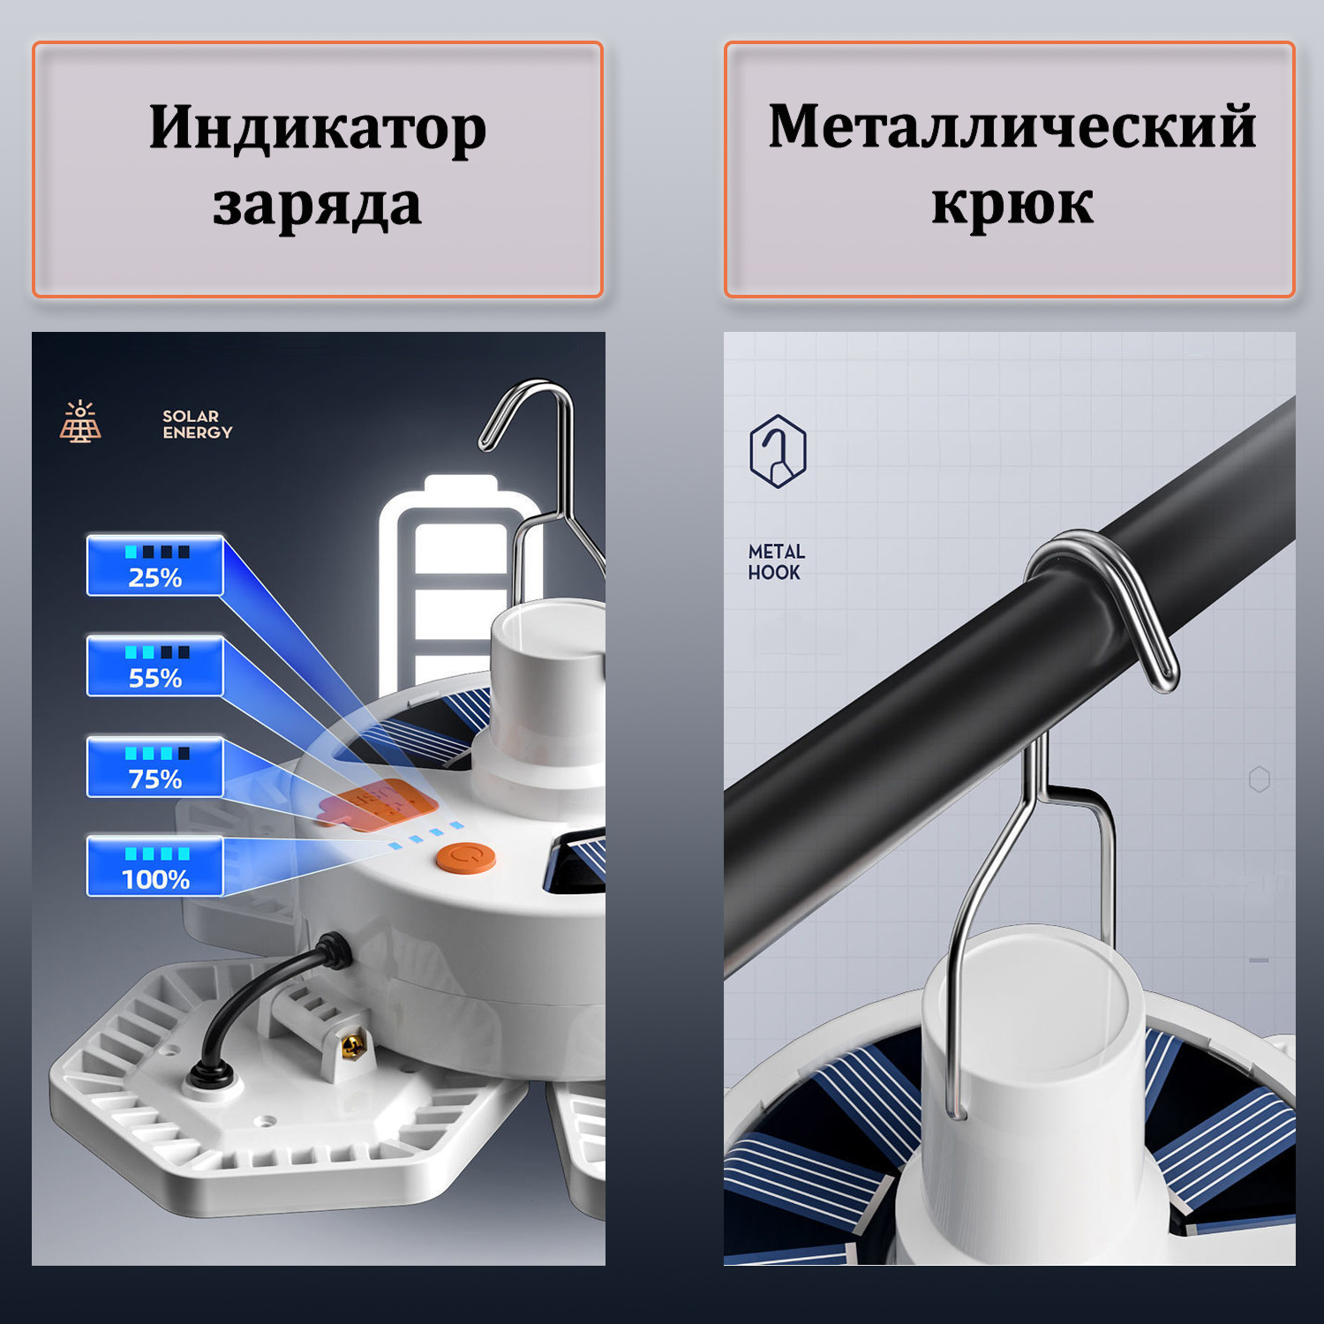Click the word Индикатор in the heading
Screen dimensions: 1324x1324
click(x=318, y=129)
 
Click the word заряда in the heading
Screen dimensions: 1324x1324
click(x=317, y=206)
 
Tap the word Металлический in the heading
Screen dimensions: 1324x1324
click(x=1012, y=127)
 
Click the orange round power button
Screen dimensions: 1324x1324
click(x=466, y=858)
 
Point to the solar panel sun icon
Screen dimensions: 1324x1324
click(x=80, y=421)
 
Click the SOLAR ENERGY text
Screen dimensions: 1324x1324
click(x=197, y=425)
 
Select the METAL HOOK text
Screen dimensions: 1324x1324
click(x=776, y=561)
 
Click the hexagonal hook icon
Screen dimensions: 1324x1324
click(x=778, y=451)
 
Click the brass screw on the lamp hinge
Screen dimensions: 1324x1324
click(x=352, y=1047)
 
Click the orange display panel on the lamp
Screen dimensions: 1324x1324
click(x=380, y=804)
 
